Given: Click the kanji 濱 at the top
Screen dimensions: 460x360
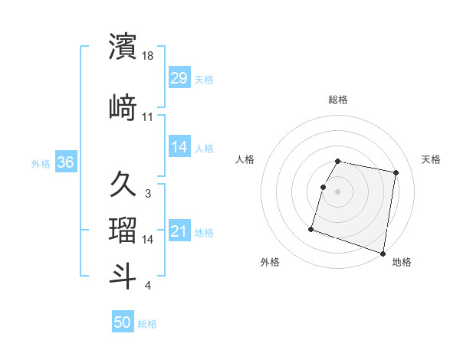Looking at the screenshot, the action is coord(123,47).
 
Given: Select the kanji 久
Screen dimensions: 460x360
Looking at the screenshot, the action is coord(123,184).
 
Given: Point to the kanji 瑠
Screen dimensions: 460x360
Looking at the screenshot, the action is coord(123,230).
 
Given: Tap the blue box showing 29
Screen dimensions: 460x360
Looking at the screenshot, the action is coord(179,78).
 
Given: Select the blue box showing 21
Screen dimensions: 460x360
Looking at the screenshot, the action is coord(179,231).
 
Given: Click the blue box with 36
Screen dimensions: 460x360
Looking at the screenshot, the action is coord(65,162).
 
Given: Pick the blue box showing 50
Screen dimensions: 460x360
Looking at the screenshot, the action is coord(123,322).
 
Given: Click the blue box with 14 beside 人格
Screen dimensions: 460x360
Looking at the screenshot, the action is coord(179,147).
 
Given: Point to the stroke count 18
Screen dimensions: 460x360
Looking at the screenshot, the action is coord(149,57).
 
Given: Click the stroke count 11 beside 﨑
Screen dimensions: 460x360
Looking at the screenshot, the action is coord(148,117).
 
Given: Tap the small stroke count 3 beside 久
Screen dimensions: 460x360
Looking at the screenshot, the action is coord(147,193).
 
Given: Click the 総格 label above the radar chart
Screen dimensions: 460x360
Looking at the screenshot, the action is coord(338,100).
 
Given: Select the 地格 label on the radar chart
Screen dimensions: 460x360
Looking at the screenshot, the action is coord(402,262).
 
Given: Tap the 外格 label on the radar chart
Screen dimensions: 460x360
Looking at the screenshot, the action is coord(270,262).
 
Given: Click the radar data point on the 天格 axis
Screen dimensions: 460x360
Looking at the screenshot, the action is coord(396,173).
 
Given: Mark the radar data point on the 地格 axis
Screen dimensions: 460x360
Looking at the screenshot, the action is coord(383,253).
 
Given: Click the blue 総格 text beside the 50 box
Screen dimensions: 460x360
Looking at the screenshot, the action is coord(147,324).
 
